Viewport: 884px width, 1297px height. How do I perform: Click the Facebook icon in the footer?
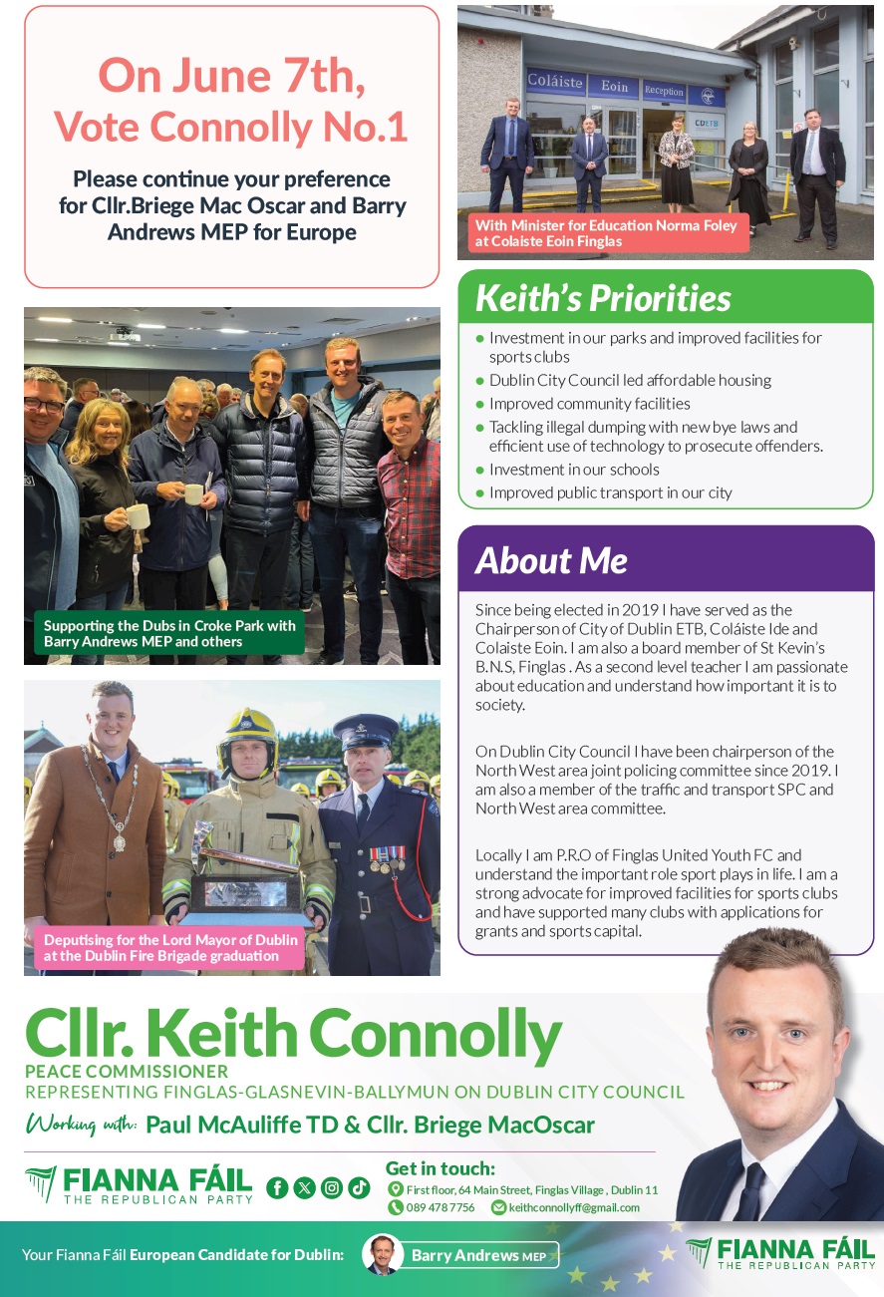[277, 1187]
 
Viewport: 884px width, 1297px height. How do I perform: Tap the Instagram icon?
[332, 1187]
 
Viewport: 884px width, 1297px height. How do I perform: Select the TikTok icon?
[359, 1187]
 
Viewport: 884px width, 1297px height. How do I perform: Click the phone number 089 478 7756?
[440, 1207]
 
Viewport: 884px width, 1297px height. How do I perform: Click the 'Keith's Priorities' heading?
[603, 297]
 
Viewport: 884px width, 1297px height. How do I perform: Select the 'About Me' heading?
[551, 561]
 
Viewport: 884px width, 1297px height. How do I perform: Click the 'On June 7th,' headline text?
[231, 75]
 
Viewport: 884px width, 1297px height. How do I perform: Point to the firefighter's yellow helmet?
[248, 729]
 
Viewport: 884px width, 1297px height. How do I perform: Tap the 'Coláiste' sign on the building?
[554, 83]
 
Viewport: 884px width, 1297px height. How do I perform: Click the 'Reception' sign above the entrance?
[664, 91]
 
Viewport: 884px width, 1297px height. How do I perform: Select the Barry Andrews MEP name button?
[478, 1255]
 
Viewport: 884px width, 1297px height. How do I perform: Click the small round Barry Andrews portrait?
[382, 1254]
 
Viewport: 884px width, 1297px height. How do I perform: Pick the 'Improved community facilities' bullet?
[589, 404]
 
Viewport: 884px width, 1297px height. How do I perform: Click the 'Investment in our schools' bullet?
[573, 470]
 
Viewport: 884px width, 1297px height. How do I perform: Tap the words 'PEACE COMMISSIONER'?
[127, 1071]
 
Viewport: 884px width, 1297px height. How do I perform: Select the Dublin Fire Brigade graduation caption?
[169, 948]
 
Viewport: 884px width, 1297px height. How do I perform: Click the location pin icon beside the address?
[396, 1189]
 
